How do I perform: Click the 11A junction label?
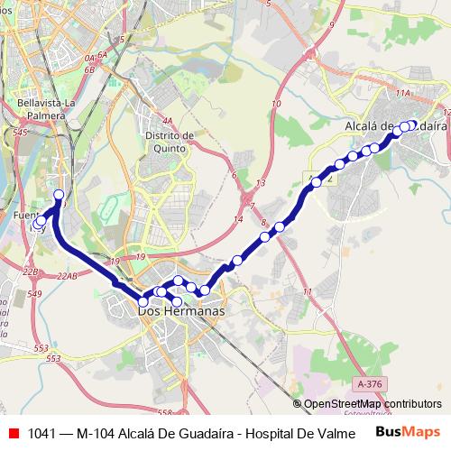click(402, 92)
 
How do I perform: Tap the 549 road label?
click(35, 294)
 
